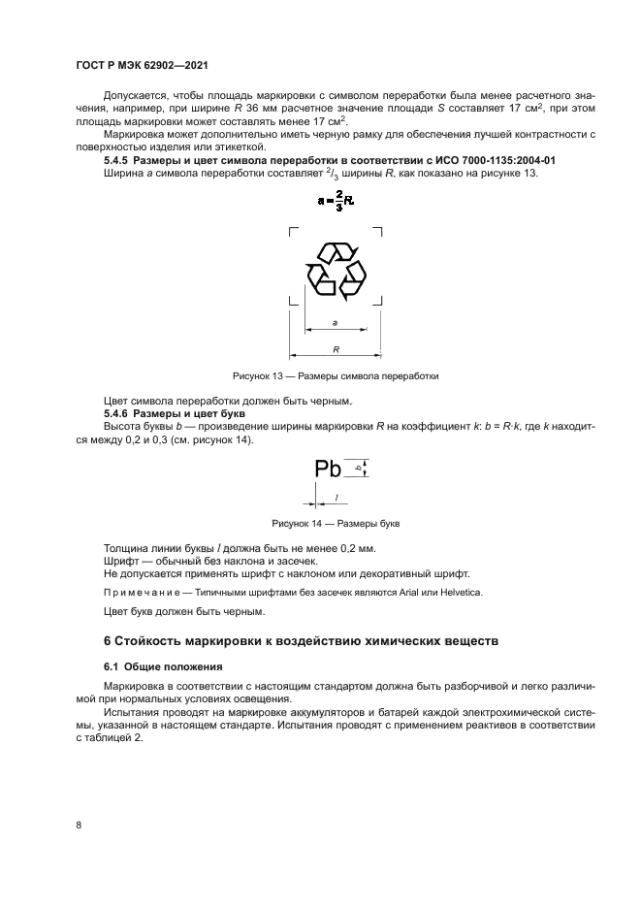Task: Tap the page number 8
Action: (x=79, y=825)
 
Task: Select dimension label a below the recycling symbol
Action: (x=335, y=321)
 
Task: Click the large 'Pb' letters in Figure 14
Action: (x=329, y=470)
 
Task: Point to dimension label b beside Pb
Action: (x=358, y=468)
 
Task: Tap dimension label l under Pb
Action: (x=335, y=497)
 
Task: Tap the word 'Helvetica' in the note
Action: (x=460, y=592)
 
